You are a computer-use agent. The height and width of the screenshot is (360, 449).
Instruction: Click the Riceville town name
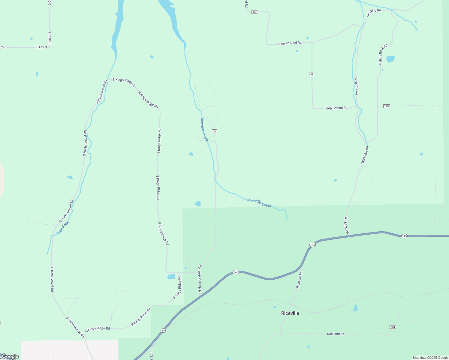[x=290, y=313]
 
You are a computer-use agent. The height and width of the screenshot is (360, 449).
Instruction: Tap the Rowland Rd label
[x=336, y=334]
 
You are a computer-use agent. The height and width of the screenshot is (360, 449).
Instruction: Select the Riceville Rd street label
[x=299, y=280]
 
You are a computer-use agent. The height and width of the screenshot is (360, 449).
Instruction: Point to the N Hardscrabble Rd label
[x=200, y=279]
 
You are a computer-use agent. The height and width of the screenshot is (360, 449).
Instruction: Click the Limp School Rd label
[x=336, y=108]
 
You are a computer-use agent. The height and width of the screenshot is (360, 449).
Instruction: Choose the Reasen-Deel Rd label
[x=290, y=43]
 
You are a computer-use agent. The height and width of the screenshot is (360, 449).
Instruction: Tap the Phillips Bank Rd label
[x=383, y=55]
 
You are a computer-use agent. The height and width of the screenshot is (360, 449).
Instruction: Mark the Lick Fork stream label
[x=63, y=228]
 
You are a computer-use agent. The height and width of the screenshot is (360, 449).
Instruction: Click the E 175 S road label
[x=41, y=47]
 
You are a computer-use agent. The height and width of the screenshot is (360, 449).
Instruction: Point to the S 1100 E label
[x=50, y=38]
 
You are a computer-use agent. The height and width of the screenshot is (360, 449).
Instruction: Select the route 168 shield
[x=255, y=12]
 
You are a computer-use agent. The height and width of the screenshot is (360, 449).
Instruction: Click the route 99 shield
[x=312, y=74]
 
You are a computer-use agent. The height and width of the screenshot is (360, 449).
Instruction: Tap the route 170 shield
[x=386, y=106]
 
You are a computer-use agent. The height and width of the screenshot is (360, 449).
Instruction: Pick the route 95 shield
[x=214, y=131]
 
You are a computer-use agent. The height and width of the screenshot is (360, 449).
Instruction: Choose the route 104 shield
[x=393, y=327]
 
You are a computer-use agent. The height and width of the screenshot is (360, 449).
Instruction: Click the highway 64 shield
[x=163, y=331]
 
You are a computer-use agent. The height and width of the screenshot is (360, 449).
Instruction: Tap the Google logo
[x=10, y=356]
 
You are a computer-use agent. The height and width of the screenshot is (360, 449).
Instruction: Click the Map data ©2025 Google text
[x=430, y=358]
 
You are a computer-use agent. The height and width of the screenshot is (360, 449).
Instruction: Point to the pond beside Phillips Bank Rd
[x=390, y=59]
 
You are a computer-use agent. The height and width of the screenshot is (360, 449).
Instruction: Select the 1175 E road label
[x=152, y=355]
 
